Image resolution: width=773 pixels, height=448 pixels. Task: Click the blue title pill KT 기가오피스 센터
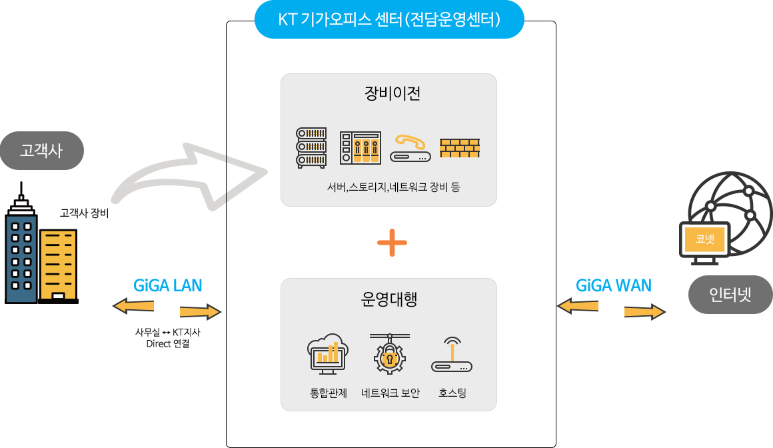(x=389, y=19)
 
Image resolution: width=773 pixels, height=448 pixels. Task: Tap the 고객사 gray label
(x=41, y=150)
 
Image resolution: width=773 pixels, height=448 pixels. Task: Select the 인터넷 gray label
(x=730, y=294)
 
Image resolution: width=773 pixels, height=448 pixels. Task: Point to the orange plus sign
(x=392, y=243)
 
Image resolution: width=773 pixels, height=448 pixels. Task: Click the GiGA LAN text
(x=167, y=285)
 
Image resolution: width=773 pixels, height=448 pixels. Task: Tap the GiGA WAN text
(x=613, y=285)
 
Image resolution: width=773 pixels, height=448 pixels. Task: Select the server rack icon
(x=311, y=147)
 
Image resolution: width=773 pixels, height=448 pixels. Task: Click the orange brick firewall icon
(x=459, y=147)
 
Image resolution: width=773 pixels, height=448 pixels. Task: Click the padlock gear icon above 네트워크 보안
(x=390, y=353)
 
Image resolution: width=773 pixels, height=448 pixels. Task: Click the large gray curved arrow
(x=193, y=177)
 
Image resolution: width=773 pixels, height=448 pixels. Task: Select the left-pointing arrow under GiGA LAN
(x=133, y=306)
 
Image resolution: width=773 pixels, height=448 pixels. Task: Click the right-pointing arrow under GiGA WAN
(x=644, y=311)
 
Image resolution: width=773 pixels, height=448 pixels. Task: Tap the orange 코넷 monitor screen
(x=704, y=239)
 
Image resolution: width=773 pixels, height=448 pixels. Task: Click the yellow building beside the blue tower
(x=58, y=265)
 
